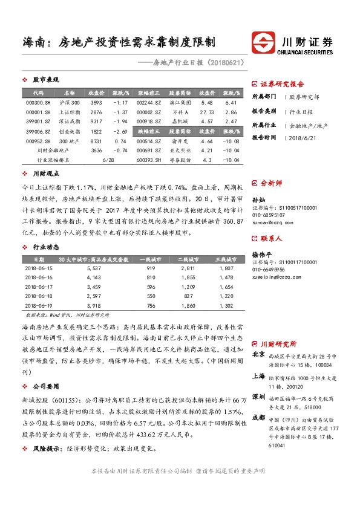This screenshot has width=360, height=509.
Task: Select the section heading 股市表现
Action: click(x=45, y=80)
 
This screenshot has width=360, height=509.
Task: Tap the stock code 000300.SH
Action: click(x=38, y=103)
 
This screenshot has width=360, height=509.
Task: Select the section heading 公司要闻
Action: click(x=45, y=384)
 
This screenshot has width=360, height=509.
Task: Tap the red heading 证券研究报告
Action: click(x=282, y=84)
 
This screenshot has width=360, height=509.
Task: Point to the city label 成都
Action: click(x=258, y=417)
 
